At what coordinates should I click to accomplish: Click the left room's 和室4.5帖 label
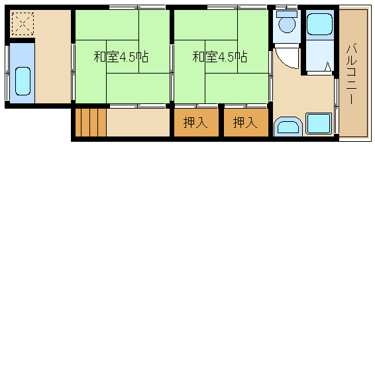click(121, 57)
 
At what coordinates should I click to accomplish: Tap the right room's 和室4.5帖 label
click(220, 57)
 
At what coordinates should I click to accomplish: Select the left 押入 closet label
click(195, 123)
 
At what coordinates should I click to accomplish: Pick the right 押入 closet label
click(245, 123)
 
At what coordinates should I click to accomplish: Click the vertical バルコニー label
click(351, 74)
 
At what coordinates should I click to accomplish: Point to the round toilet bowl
click(288, 25)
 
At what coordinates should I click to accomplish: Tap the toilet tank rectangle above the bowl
click(287, 14)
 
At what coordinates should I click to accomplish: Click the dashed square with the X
click(23, 24)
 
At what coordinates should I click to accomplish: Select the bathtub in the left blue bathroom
click(23, 81)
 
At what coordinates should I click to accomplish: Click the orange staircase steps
click(91, 123)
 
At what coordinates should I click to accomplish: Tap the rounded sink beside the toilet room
click(319, 24)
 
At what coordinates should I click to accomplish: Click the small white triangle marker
click(328, 67)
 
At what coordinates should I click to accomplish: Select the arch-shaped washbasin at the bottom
click(288, 127)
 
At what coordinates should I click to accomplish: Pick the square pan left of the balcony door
click(319, 123)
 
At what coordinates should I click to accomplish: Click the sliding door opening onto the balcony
click(337, 106)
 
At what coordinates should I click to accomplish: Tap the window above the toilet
click(286, 7)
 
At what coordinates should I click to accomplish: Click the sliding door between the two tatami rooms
click(172, 73)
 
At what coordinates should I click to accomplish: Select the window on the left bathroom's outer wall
click(7, 73)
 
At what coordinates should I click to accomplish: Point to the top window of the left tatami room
click(137, 7)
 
